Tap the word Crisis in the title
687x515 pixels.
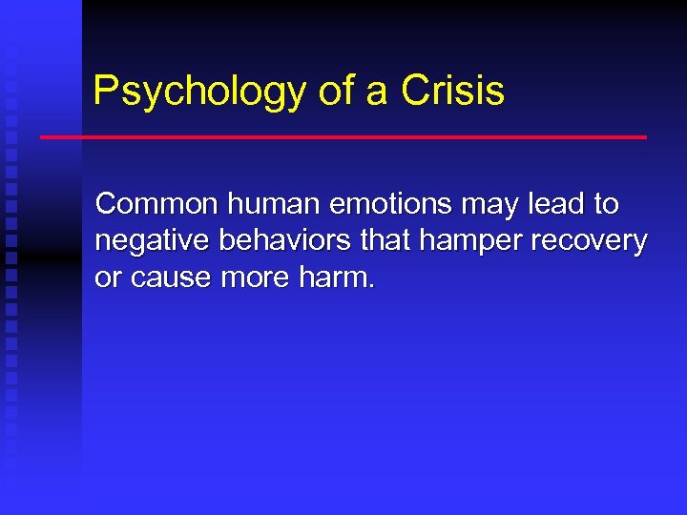pyautogui.click(x=453, y=92)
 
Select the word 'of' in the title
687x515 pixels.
pyautogui.click(x=333, y=92)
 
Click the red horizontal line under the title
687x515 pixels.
pyautogui.click(x=343, y=137)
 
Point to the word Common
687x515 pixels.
pyautogui.click(x=157, y=204)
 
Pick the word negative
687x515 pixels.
pyautogui.click(x=154, y=241)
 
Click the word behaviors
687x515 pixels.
pyautogui.click(x=286, y=240)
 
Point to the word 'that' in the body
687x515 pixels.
pyautogui.click(x=386, y=240)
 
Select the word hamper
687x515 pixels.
pyautogui.click(x=466, y=242)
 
